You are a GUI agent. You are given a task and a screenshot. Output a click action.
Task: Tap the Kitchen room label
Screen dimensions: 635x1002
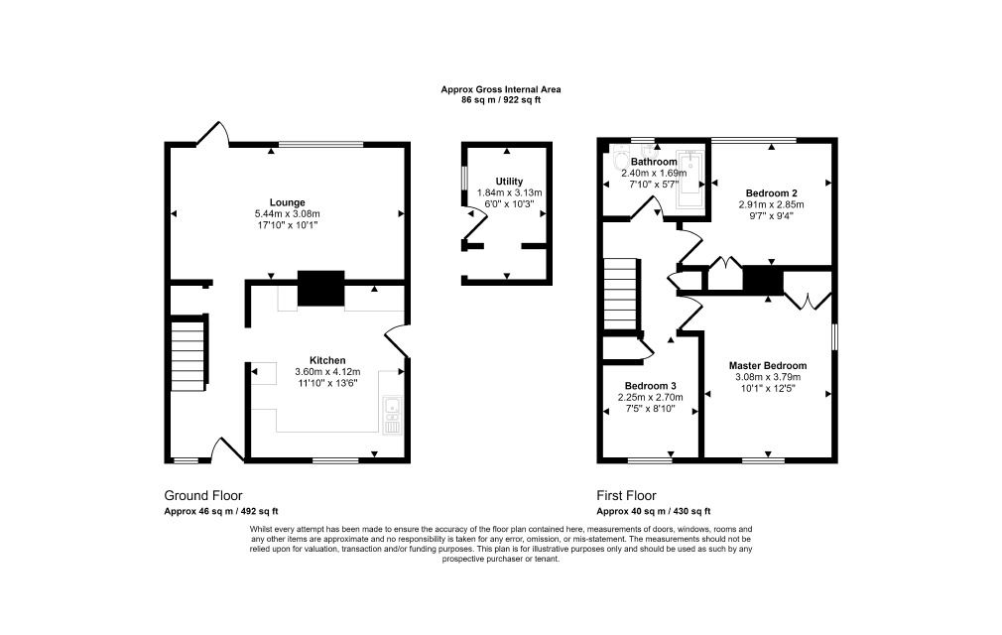(327, 360)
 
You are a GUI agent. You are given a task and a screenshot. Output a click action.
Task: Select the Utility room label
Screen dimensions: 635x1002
(508, 182)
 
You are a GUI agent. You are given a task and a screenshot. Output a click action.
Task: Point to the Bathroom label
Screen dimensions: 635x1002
(654, 162)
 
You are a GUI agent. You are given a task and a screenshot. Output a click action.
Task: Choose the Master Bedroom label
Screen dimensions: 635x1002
(767, 365)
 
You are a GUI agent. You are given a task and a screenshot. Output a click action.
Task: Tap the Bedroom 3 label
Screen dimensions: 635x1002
(651, 386)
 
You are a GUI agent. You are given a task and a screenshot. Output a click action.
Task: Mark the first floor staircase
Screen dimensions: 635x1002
(621, 295)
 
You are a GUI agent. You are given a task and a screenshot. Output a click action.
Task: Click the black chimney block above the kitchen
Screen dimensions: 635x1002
(321, 288)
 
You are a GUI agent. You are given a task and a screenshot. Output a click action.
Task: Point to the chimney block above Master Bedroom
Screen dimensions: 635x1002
(764, 281)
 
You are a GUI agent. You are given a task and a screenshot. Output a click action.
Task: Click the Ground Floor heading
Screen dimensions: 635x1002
(202, 495)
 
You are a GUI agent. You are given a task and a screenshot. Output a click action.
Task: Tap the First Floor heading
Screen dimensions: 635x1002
(626, 495)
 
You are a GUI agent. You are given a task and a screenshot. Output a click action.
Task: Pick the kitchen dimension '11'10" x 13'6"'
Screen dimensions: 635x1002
(327, 383)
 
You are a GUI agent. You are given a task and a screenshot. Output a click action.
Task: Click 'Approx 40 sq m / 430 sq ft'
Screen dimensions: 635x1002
(653, 512)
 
